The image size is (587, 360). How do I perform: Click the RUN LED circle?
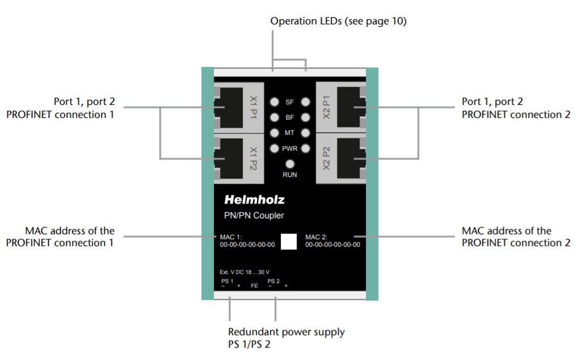tap(290, 164)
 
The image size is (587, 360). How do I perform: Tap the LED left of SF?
tap(275, 103)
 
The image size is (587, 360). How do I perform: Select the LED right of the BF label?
tap(306, 118)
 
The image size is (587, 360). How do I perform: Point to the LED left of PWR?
tap(275, 149)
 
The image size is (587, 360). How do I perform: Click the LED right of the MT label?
tap(306, 133)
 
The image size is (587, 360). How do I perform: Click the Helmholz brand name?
tap(254, 200)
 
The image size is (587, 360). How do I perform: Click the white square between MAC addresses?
tap(289, 241)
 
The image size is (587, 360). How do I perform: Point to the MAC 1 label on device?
tap(230, 237)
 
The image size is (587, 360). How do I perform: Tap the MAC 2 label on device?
tap(315, 237)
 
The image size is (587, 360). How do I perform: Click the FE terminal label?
tap(254, 286)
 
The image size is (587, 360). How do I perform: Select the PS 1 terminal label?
tap(227, 281)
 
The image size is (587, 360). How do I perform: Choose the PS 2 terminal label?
tap(273, 281)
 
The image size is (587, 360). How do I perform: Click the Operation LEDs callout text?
tap(339, 22)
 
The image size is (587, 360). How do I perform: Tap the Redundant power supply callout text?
tap(286, 332)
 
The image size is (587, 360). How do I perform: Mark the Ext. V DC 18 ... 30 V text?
tap(244, 272)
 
